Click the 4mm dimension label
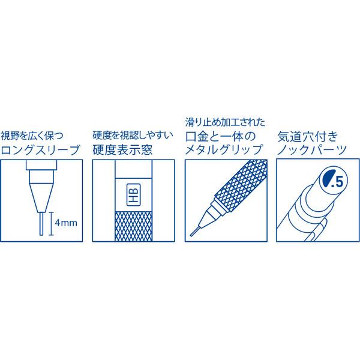click(x=66, y=223)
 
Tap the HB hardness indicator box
click(x=133, y=194)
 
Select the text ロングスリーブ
click(x=40, y=150)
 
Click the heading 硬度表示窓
click(x=122, y=150)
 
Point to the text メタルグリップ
click(x=224, y=150)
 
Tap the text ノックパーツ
click(x=312, y=150)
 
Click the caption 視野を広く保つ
click(x=32, y=136)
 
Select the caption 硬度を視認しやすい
click(x=133, y=136)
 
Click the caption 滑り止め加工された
click(x=225, y=122)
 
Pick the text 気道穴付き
click(x=308, y=137)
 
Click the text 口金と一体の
click(x=220, y=137)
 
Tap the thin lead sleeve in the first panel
click(x=41, y=224)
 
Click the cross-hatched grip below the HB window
click(x=133, y=226)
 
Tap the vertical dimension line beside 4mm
click(x=51, y=224)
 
